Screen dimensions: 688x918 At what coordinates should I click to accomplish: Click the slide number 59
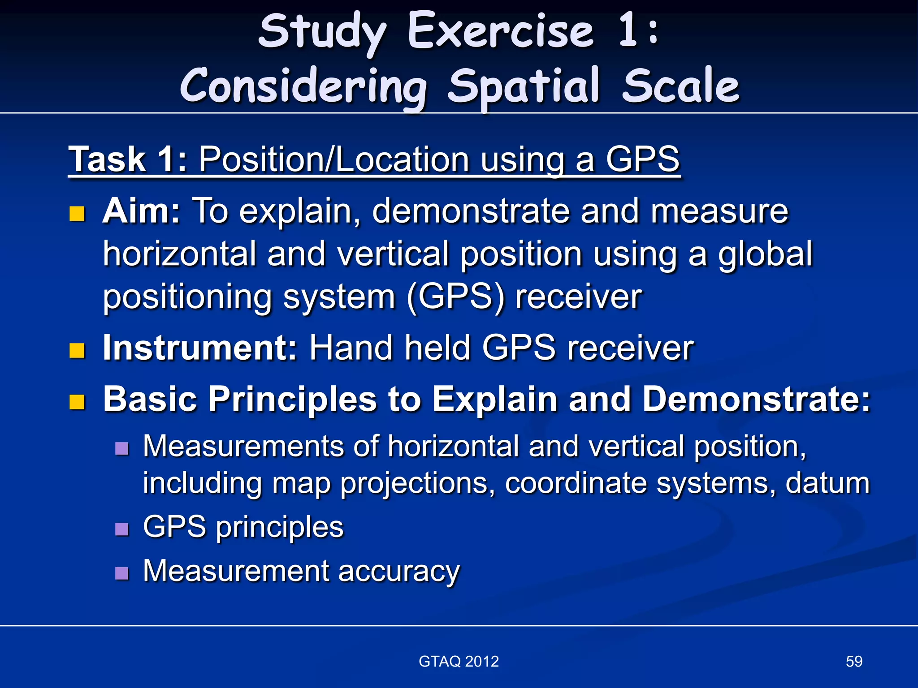click(x=853, y=662)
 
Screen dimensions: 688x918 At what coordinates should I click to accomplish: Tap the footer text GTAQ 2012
click(x=459, y=662)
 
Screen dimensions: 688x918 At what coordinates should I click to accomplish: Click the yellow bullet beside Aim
click(x=77, y=214)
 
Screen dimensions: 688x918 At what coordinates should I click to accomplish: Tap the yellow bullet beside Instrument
click(x=77, y=351)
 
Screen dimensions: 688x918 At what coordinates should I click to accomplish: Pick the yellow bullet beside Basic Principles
click(x=77, y=402)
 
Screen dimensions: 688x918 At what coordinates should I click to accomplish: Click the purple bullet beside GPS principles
click(x=122, y=529)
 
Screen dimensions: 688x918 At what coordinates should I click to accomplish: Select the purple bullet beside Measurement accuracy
click(x=122, y=573)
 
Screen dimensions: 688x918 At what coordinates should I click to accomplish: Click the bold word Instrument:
click(x=200, y=348)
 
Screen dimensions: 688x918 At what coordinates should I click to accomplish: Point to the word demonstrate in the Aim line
click(x=470, y=211)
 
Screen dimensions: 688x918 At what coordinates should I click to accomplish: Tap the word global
click(x=765, y=254)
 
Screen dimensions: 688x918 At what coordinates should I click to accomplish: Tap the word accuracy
click(x=398, y=572)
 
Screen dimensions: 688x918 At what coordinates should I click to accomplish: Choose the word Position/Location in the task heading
click(x=334, y=159)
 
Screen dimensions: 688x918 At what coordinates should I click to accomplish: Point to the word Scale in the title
click(x=680, y=86)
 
